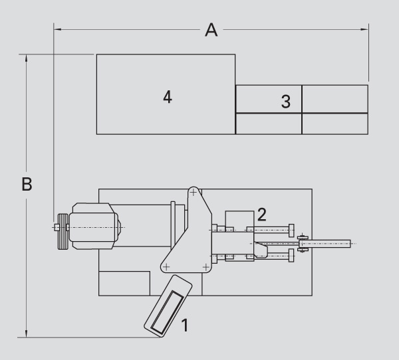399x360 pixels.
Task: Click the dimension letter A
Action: pos(211,30)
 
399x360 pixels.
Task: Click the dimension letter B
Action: pos(27,184)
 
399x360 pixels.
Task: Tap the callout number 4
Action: pos(168,97)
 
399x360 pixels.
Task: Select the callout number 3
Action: pos(286,102)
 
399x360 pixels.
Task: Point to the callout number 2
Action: pos(262,215)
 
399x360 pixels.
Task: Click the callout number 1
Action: pos(185,325)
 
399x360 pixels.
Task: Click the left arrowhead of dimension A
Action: pos(57,29)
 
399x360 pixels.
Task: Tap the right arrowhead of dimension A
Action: pos(364,29)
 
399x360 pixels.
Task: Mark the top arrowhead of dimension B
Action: pos(26,58)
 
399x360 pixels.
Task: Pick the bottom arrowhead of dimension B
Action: pos(26,334)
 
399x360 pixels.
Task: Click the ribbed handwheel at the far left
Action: pos(63,231)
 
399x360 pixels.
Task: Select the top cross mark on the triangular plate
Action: pos(194,193)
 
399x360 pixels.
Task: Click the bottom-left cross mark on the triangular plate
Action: pos(166,267)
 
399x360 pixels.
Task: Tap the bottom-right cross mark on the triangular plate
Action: pos(206,267)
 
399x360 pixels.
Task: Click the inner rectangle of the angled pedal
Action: pos(167,312)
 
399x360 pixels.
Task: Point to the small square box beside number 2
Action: pos(239,221)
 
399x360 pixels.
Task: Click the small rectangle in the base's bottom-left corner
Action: pos(124,284)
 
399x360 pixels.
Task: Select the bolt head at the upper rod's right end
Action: pos(291,230)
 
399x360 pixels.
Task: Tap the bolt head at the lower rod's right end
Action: pos(291,256)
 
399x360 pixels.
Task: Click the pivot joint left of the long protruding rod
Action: pos(302,243)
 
